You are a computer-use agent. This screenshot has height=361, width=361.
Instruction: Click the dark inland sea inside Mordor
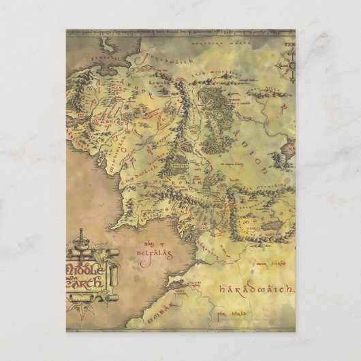(272, 225)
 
